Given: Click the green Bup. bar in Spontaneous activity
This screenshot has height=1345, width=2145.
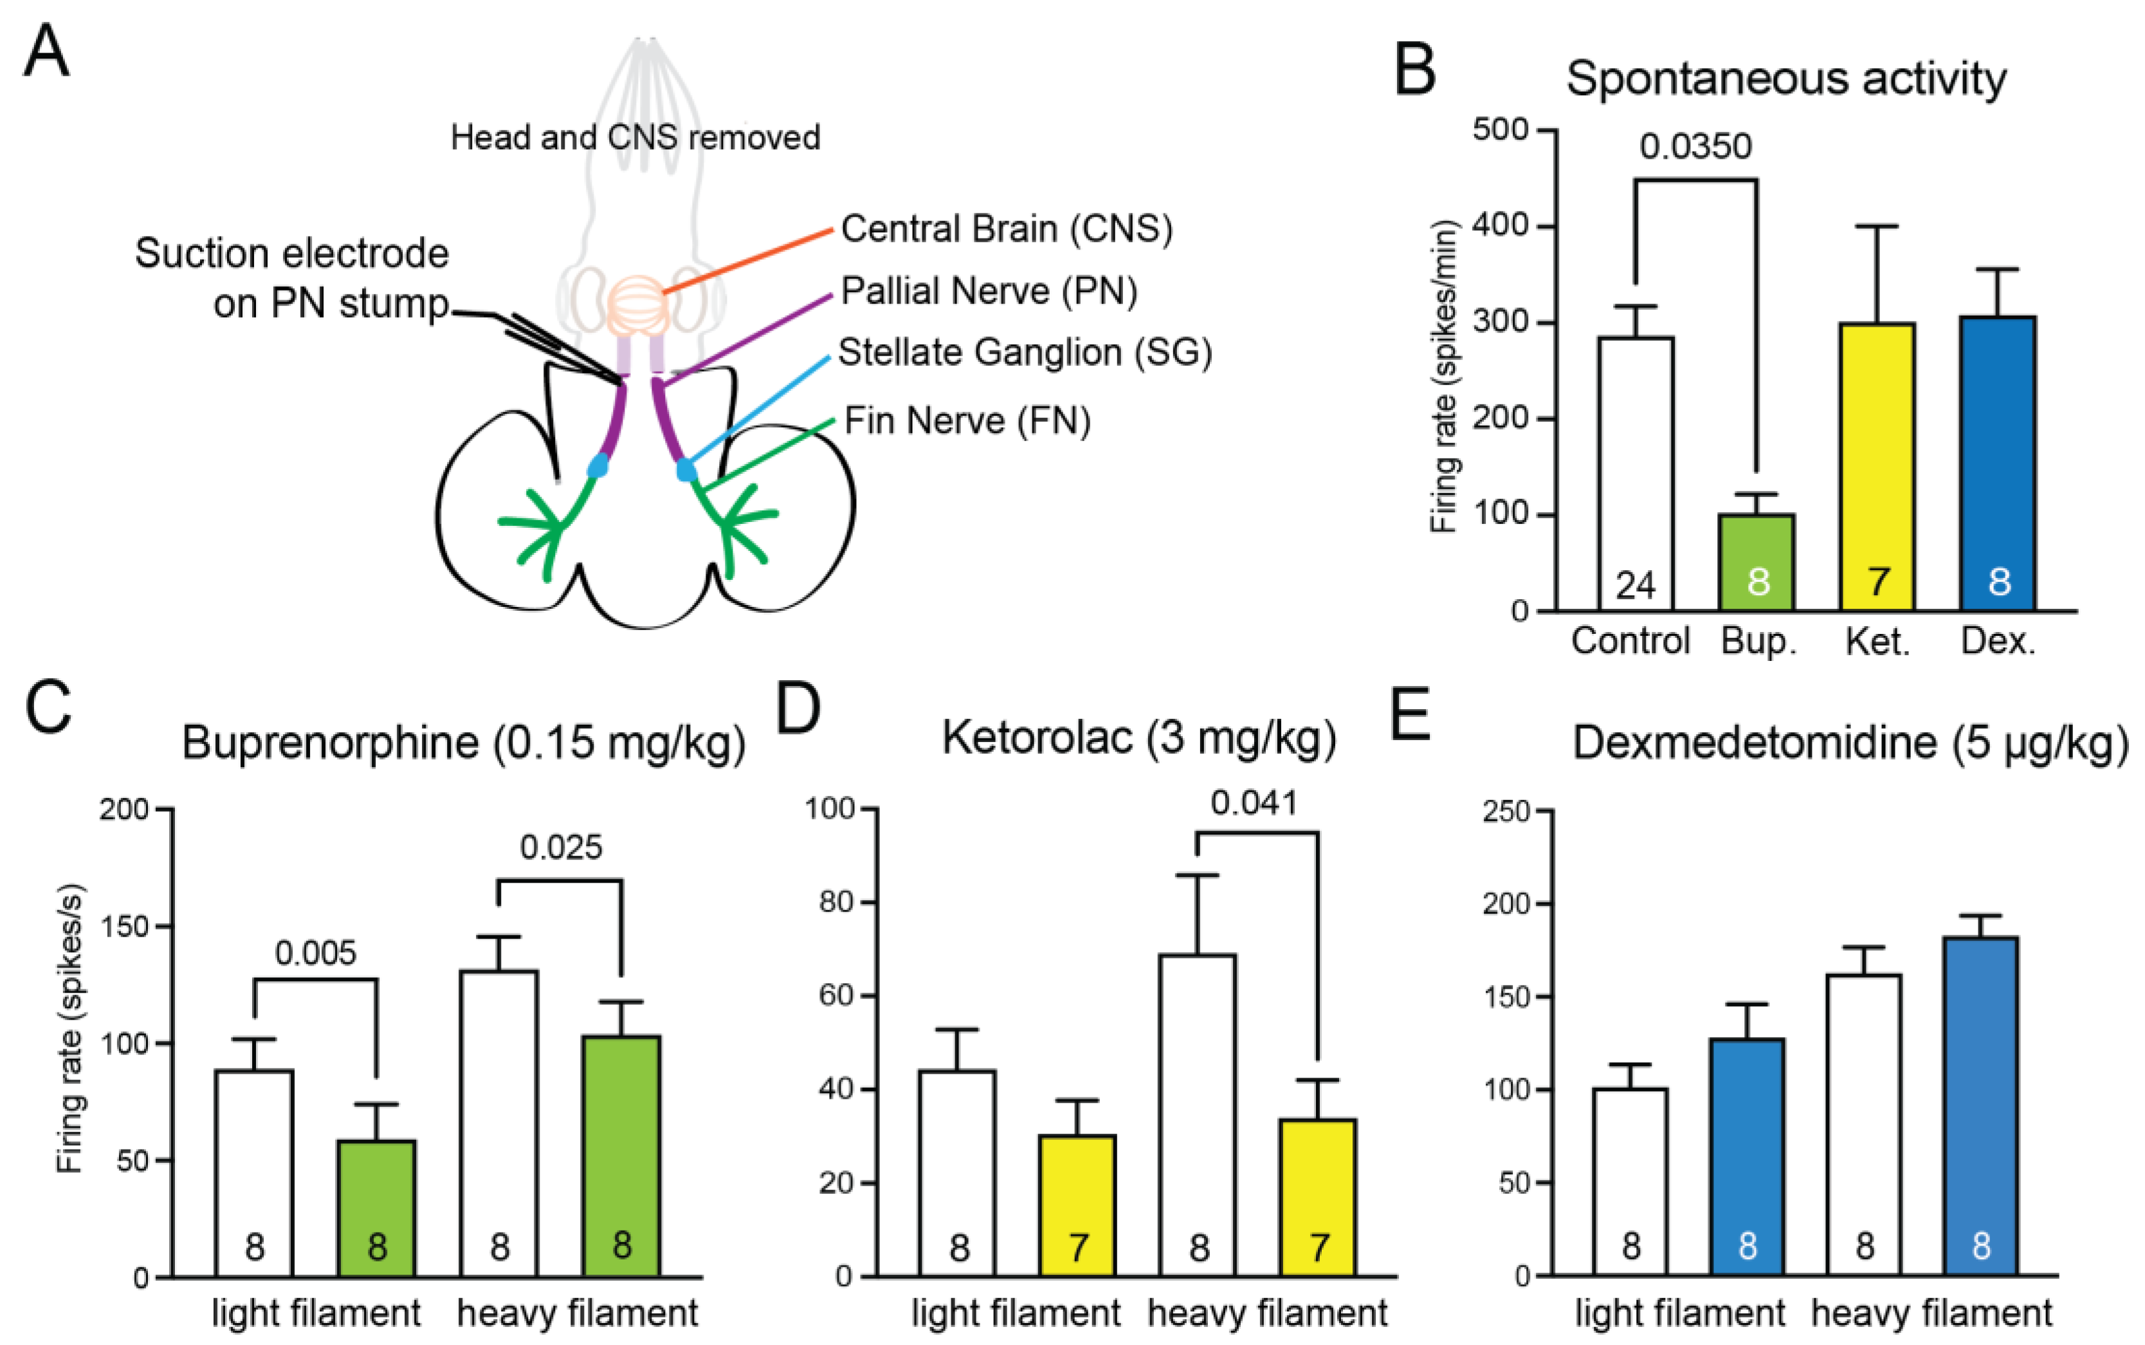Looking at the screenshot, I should [x=1755, y=561].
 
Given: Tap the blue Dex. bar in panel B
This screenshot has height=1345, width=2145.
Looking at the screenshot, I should [x=1998, y=462].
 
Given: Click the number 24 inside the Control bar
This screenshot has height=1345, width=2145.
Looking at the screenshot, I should [x=1635, y=585].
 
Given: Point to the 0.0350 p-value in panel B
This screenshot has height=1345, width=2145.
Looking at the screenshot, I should [x=1695, y=147].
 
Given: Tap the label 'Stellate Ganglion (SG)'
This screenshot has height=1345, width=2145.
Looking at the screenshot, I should [x=1025, y=352].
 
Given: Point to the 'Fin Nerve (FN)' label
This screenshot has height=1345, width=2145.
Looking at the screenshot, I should [x=967, y=420].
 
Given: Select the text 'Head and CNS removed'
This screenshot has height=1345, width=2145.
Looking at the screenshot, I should [x=635, y=138].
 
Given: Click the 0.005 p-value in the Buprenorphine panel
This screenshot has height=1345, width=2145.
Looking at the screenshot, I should [x=315, y=953].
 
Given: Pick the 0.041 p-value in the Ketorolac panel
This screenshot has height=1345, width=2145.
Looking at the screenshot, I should [x=1254, y=803].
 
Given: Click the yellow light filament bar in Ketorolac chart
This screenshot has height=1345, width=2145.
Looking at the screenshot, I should [x=1077, y=1205].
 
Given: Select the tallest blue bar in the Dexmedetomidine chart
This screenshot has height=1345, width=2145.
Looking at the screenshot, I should [x=1980, y=1108].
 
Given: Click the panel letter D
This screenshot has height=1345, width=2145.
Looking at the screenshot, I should [x=798, y=709].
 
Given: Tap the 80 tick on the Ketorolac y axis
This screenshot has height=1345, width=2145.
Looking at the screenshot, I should [x=836, y=902].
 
